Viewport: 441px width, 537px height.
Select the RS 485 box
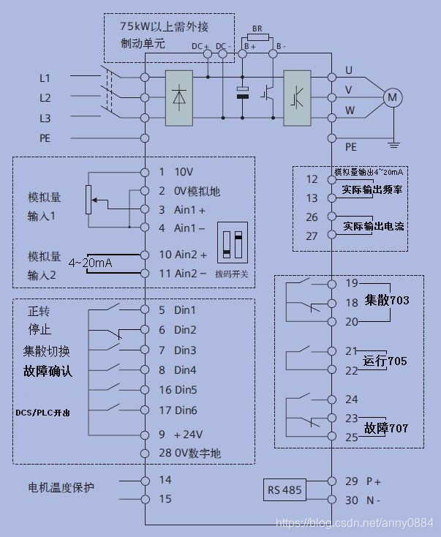285,490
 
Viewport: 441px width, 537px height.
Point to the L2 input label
45,97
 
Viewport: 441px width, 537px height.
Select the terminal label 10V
183,172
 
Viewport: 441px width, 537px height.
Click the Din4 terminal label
185,370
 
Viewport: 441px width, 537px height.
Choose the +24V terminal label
187,434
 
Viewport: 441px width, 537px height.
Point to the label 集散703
387,300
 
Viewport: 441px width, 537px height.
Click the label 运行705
385,361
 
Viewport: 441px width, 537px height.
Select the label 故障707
385,427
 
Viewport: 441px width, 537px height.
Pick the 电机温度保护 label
61,487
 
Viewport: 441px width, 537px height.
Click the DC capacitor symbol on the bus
243,94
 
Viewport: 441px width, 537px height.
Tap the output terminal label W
349,111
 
